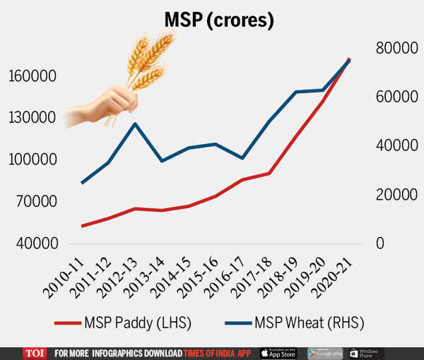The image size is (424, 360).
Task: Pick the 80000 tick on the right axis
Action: point(392,48)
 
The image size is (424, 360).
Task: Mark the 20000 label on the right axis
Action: point(392,195)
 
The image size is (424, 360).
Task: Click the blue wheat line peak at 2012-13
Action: point(134,124)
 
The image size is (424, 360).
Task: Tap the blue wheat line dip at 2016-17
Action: point(242,158)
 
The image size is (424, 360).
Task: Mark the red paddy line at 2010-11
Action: point(82,226)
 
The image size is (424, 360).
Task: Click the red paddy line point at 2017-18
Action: point(269,173)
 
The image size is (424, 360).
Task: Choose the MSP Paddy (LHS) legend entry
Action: point(123,323)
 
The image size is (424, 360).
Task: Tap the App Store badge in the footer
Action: point(278,352)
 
